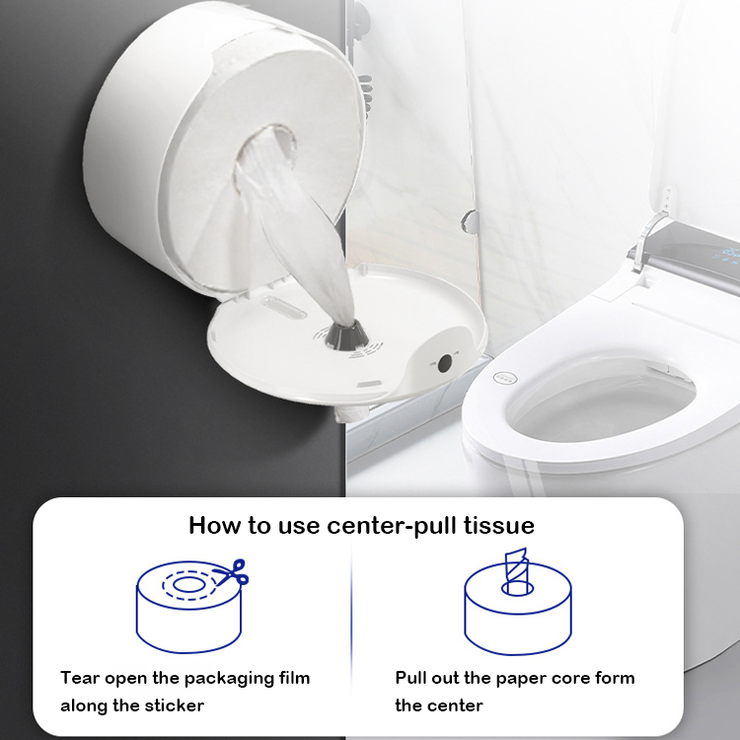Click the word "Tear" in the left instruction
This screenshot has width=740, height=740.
(79, 678)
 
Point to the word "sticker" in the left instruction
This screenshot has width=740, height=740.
(179, 705)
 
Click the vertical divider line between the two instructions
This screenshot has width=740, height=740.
(352, 631)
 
